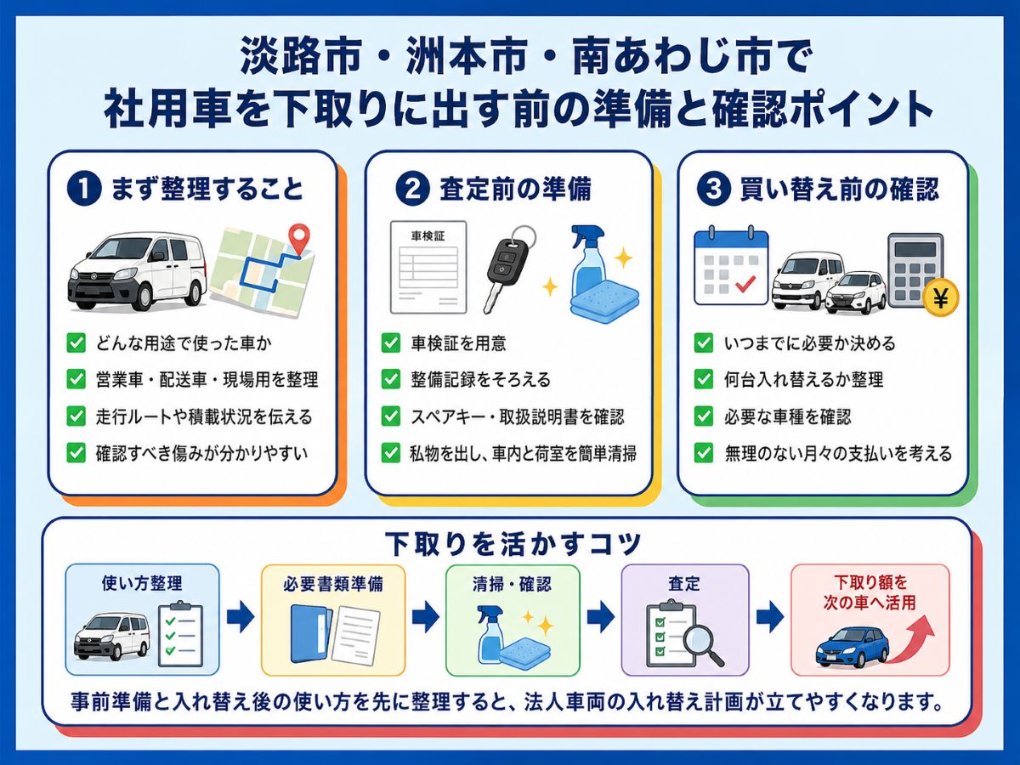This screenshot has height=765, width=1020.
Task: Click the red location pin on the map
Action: point(299,238)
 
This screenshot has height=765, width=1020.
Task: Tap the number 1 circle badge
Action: point(84,190)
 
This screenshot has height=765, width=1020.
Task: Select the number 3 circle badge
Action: point(713,190)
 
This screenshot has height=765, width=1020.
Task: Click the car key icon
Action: point(508,269)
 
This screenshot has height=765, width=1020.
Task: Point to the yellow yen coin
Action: point(941,298)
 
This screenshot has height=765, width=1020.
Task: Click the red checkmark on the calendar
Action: point(745,283)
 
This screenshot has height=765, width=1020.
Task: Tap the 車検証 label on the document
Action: point(428,236)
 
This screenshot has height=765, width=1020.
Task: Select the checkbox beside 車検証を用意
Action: point(391,343)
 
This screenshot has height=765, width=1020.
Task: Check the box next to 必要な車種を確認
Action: point(704,416)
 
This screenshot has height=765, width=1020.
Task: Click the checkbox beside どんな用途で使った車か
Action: point(76,343)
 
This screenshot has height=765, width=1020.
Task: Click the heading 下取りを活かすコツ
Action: point(513,543)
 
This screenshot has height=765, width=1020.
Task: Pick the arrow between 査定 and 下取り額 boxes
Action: point(770,617)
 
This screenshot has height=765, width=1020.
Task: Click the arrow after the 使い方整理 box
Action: point(241,617)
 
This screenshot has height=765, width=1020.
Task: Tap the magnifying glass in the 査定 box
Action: point(703,644)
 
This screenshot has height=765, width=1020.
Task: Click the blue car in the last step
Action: point(853,647)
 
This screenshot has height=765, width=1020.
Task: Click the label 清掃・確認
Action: point(512,584)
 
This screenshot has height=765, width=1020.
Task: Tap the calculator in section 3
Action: point(916,270)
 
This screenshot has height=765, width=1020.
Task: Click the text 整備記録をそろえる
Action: point(480,380)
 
